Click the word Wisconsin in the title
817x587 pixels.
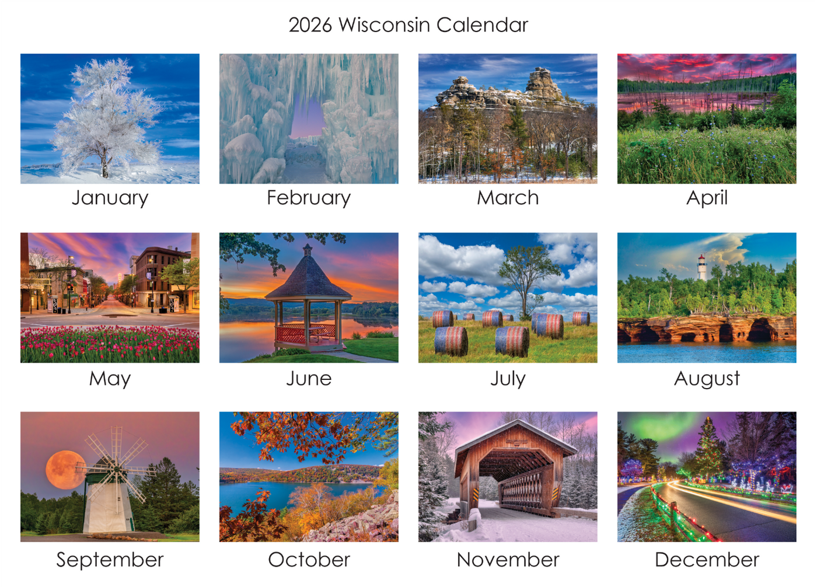[385, 25]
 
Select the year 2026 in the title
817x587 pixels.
[310, 25]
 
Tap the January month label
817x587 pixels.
[110, 198]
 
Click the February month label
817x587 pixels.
[309, 198]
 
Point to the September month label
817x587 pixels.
[110, 560]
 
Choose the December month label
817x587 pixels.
[707, 560]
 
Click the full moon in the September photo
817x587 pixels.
[65, 470]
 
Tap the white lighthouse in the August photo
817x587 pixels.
[701, 267]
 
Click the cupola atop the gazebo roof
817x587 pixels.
[308, 250]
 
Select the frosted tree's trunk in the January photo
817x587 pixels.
[105, 166]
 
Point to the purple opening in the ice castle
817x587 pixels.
[308, 117]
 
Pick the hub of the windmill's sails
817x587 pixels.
[116, 469]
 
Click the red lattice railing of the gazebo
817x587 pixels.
[305, 333]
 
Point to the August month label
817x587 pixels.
[707, 379]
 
